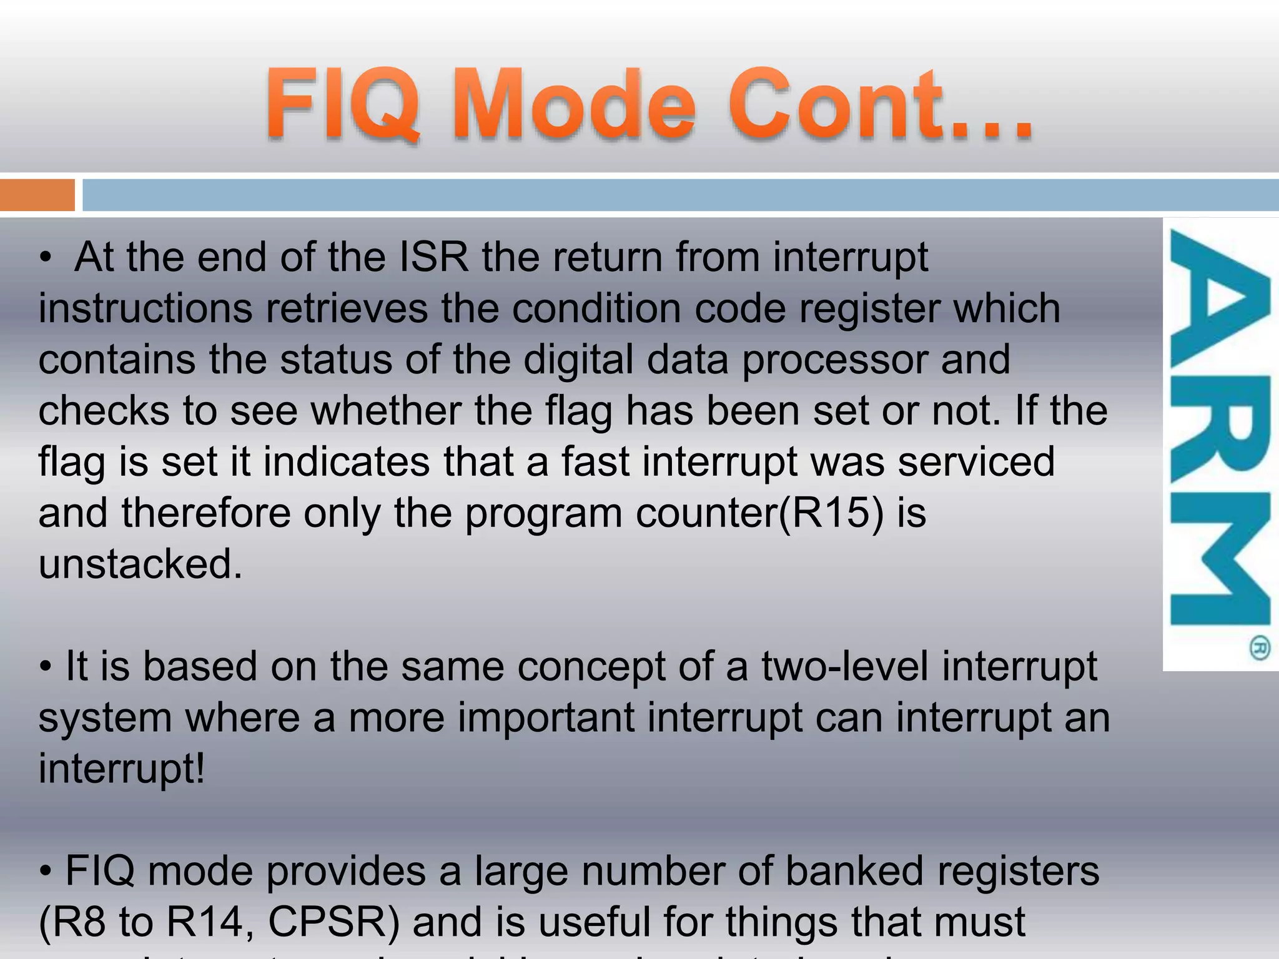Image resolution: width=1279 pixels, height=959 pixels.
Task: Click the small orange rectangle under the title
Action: coord(37,195)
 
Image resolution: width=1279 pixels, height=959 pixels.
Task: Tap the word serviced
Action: coord(976,461)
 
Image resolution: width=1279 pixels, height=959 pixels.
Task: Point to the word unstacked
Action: coord(140,564)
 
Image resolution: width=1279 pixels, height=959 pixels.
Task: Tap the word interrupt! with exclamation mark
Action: coord(122,769)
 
